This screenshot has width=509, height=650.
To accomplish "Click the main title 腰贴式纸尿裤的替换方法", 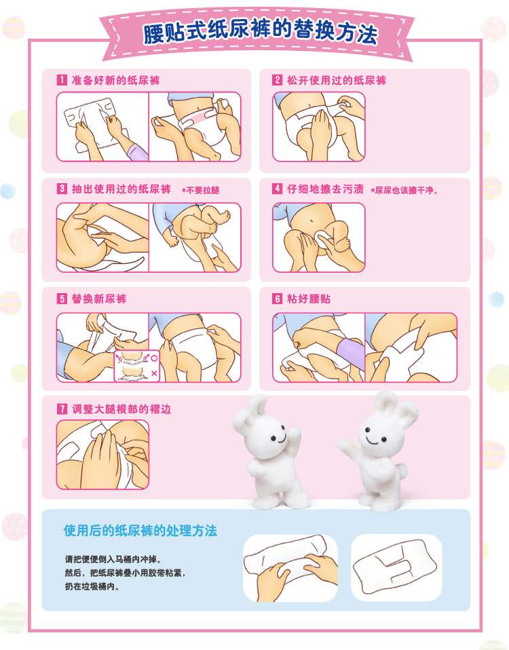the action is tap(261, 32).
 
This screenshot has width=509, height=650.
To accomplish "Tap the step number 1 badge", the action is tap(62, 80).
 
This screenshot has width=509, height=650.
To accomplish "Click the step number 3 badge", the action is tap(62, 189).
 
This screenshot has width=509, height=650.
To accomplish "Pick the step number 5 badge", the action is tap(62, 299).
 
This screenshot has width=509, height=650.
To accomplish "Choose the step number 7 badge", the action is tap(62, 409).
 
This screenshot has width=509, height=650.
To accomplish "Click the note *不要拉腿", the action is tap(201, 190).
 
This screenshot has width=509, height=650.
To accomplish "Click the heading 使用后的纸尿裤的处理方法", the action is tap(140, 531).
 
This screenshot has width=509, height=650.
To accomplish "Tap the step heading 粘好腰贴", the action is tap(309, 299).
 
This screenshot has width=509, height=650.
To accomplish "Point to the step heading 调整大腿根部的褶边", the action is tap(121, 409).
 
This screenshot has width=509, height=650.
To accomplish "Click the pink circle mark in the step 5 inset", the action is tap(154, 358).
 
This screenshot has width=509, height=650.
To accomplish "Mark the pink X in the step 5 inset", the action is tap(154, 373).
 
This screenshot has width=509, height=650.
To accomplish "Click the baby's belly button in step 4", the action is tap(312, 218).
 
